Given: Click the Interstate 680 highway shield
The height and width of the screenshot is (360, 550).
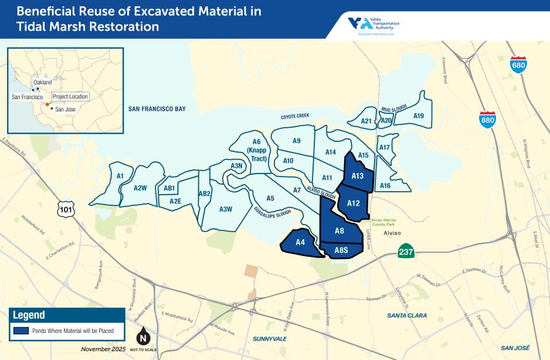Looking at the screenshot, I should pos(518,64).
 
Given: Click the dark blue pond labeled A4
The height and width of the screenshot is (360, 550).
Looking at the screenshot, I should pos(301,243).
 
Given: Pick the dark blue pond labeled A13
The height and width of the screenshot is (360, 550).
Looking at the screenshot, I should pos(358,175).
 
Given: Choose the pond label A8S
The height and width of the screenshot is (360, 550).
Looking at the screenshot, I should pos(341,251).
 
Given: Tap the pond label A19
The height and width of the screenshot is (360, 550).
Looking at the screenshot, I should pos(418,116).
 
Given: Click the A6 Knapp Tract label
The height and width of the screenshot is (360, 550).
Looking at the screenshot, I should pos(256,150).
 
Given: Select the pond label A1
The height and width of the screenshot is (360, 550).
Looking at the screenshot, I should pos(120,175).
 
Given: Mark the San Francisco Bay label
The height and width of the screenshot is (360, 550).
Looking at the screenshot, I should pos(157,108).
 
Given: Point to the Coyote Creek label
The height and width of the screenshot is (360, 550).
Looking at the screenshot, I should pos(294,116).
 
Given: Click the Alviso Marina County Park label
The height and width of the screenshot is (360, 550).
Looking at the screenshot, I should pos(385,222).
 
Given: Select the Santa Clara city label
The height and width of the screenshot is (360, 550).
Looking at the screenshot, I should pos(407,315).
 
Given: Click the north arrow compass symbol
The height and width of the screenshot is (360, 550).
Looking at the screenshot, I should pos(142,338).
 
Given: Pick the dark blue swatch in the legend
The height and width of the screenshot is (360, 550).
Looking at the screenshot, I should pos(21,331).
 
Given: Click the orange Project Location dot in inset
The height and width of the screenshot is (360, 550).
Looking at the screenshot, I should pos(47,103).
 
